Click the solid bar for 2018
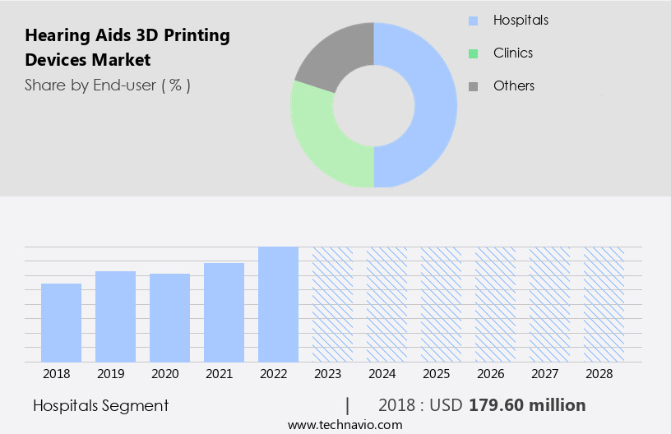coord(61,322)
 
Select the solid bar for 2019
coord(115,316)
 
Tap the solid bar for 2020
coord(169,317)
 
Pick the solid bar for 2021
coord(224,312)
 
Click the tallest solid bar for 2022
coord(278,304)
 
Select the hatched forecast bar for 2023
coord(332,304)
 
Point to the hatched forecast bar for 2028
coord(604,304)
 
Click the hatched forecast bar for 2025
coord(441,304)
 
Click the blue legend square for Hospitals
coord(473,21)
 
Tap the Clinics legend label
coord(513,53)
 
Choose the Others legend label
coord(514,86)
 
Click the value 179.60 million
coord(527,405)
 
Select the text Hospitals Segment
coord(100,405)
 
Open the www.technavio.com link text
coord(345,425)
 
